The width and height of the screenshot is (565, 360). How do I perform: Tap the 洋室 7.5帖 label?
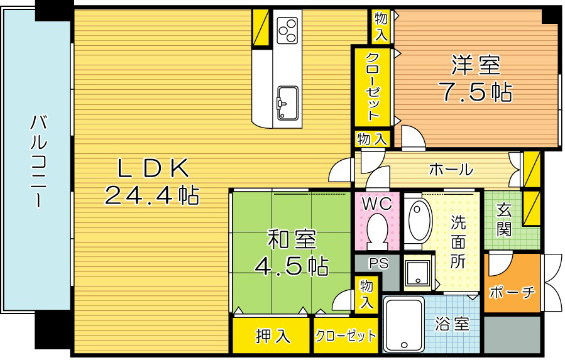474,79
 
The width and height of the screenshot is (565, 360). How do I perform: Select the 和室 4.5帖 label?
291,253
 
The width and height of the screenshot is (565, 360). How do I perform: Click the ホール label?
451,169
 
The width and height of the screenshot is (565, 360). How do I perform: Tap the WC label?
376,204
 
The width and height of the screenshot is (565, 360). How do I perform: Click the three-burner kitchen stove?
287,28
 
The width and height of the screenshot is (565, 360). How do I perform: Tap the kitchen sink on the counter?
287,101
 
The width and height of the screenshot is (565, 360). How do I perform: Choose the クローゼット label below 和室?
345,335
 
